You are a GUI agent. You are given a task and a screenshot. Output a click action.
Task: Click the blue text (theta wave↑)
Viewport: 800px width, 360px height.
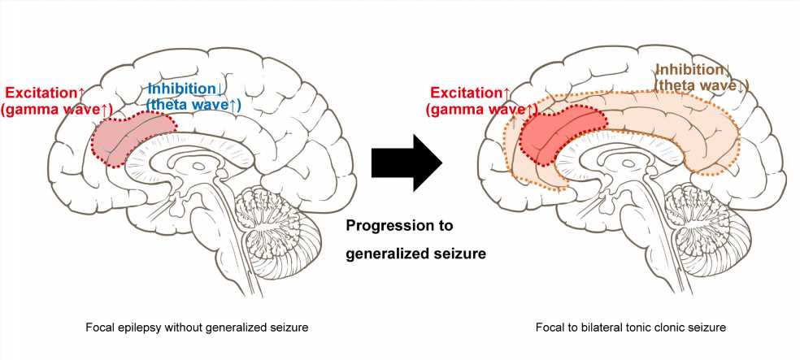(193, 104)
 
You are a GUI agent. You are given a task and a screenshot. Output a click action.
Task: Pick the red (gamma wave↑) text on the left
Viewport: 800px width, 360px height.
(57, 111)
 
